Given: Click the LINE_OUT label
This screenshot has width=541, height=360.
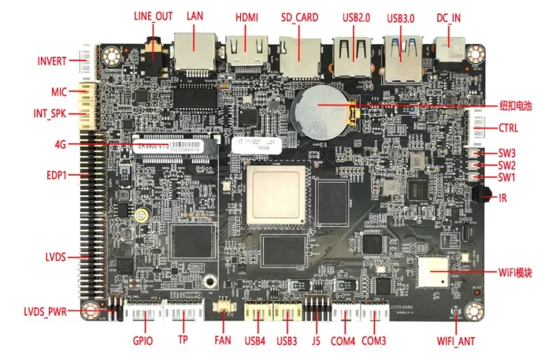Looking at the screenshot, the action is coord(154,16).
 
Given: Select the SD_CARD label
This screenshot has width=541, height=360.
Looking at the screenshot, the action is coord(300,17).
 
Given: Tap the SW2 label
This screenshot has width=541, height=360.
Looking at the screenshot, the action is coord(506,165).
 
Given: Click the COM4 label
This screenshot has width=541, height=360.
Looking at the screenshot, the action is coord(343,341).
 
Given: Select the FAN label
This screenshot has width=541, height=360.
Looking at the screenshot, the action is coord(223,341).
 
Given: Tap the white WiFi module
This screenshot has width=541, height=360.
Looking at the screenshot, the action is coord(433,273).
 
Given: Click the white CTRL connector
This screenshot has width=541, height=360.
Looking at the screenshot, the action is coord(478,127).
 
